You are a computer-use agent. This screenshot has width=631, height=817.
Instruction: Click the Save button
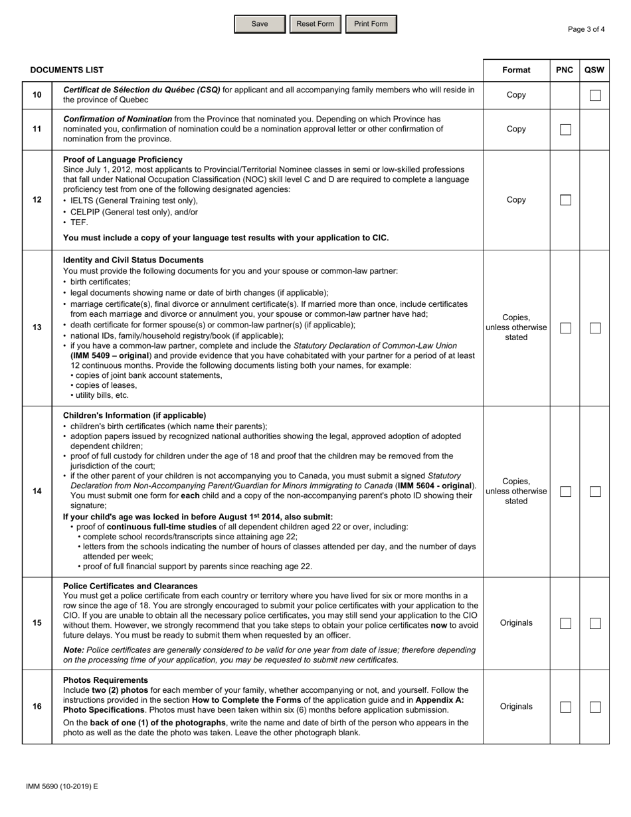point(260,24)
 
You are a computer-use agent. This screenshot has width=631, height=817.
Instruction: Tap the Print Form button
point(371,24)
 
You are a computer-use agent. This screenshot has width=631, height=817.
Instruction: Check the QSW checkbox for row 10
point(595,95)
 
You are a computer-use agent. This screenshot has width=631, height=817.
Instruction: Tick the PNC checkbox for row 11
point(565,130)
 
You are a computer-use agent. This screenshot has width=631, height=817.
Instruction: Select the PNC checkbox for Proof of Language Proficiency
point(565,200)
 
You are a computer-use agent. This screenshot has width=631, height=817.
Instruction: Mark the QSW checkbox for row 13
point(595,328)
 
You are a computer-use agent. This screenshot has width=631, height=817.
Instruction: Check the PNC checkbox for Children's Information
point(565,492)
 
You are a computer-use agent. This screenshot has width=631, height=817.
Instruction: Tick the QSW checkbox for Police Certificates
point(595,623)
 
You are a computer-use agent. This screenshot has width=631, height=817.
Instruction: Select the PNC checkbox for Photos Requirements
point(565,707)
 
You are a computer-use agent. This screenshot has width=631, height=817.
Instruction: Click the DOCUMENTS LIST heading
point(67,70)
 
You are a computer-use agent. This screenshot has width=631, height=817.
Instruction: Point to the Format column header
point(516,70)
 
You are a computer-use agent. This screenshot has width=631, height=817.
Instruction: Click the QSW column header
point(594,70)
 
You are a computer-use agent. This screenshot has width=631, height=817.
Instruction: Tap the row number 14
point(37,491)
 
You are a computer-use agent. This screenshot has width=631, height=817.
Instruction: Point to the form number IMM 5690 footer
point(62,786)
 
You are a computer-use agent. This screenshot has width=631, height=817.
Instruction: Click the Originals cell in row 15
point(516,623)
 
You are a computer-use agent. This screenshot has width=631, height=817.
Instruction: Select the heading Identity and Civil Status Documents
point(134,260)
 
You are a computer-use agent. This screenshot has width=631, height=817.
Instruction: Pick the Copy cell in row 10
point(516,95)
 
